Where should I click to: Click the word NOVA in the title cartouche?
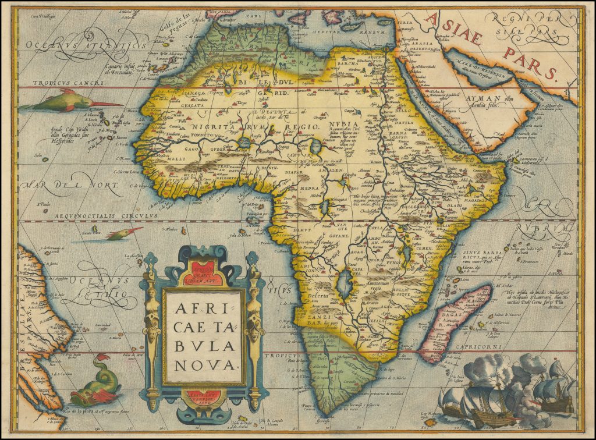[203, 365]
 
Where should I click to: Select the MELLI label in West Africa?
[161, 157]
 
